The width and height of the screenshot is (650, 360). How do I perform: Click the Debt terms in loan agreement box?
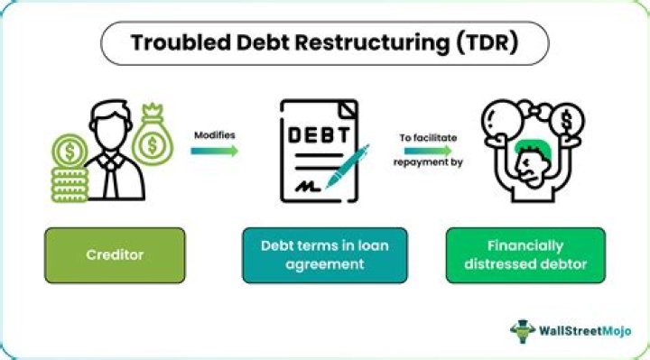tap(324, 254)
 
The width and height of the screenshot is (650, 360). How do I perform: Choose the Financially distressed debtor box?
tap(526, 254)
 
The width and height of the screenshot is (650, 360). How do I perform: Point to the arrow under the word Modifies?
tap(215, 151)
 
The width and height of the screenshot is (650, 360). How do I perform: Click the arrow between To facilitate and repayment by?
tap(428, 151)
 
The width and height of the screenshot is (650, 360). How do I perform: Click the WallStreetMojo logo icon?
tap(522, 330)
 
